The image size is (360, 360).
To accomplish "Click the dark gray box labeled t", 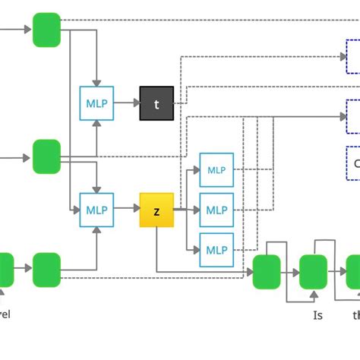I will pyautogui.click(x=157, y=104).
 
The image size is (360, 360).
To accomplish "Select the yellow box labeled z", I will pyautogui.click(x=156, y=210).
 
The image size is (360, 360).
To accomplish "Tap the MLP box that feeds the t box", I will pyautogui.click(x=96, y=104).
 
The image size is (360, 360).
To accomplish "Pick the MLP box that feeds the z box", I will pyautogui.click(x=96, y=210).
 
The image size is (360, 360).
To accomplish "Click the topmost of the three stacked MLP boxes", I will pyautogui.click(x=216, y=169).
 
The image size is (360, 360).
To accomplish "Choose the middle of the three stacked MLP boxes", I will pyautogui.click(x=216, y=210).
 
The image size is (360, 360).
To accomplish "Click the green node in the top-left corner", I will pyautogui.click(x=46, y=30).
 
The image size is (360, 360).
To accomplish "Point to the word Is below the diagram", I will pyautogui.click(x=318, y=314).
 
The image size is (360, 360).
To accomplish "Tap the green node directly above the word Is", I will pyautogui.click(x=312, y=271).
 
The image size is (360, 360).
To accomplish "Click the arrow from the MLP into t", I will pyautogui.click(x=126, y=104).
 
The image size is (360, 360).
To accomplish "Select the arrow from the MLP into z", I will pyautogui.click(x=126, y=210).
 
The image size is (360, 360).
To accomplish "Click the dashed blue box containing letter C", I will pyautogui.click(x=353, y=163).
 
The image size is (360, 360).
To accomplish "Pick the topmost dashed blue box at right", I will pyautogui.click(x=353, y=56).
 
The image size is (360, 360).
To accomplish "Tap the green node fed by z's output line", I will pyautogui.click(x=266, y=271).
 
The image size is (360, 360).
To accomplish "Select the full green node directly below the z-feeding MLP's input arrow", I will pyautogui.click(x=46, y=270).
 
